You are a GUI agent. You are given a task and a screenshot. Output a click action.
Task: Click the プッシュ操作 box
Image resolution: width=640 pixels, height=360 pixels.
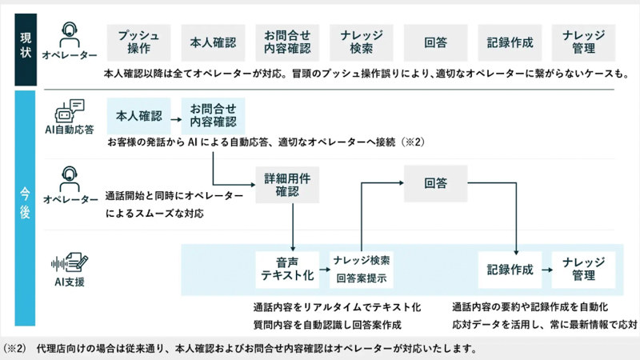pos(138,42)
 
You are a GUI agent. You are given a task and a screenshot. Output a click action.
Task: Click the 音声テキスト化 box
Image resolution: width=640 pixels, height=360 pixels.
pos(287,270)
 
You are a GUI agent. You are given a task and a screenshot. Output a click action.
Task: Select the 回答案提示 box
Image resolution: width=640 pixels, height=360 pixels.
pos(363,278)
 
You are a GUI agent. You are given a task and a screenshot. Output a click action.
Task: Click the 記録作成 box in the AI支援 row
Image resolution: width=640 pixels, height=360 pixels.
pos(510,270)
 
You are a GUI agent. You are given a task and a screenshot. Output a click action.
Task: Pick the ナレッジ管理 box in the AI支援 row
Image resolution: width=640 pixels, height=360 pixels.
pos(584,270)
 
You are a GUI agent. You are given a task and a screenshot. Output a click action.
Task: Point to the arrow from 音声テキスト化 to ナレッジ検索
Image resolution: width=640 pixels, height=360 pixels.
pos(324,270)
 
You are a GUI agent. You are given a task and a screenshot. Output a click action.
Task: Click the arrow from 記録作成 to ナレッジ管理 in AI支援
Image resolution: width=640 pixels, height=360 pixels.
pos(547,270)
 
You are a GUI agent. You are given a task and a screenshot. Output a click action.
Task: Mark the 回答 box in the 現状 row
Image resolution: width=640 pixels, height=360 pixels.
pos(435,42)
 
